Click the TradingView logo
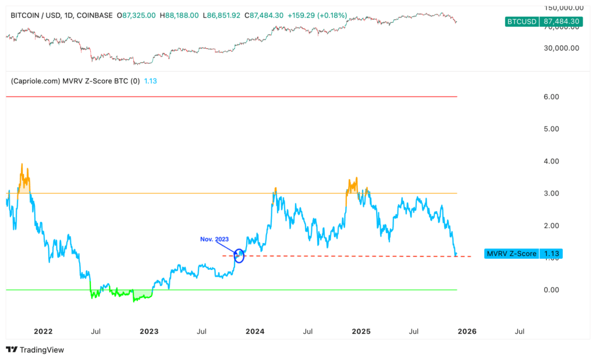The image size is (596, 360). point(35,350)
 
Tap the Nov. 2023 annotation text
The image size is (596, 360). point(215,239)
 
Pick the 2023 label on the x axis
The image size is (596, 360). point(149,331)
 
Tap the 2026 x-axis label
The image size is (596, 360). point(467,331)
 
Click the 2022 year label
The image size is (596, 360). point(43,331)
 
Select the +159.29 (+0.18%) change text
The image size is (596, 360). point(317,15)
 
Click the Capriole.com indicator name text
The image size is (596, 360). point(74,81)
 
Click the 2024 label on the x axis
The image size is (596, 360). point(255,331)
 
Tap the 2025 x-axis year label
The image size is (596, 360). point(361,331)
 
